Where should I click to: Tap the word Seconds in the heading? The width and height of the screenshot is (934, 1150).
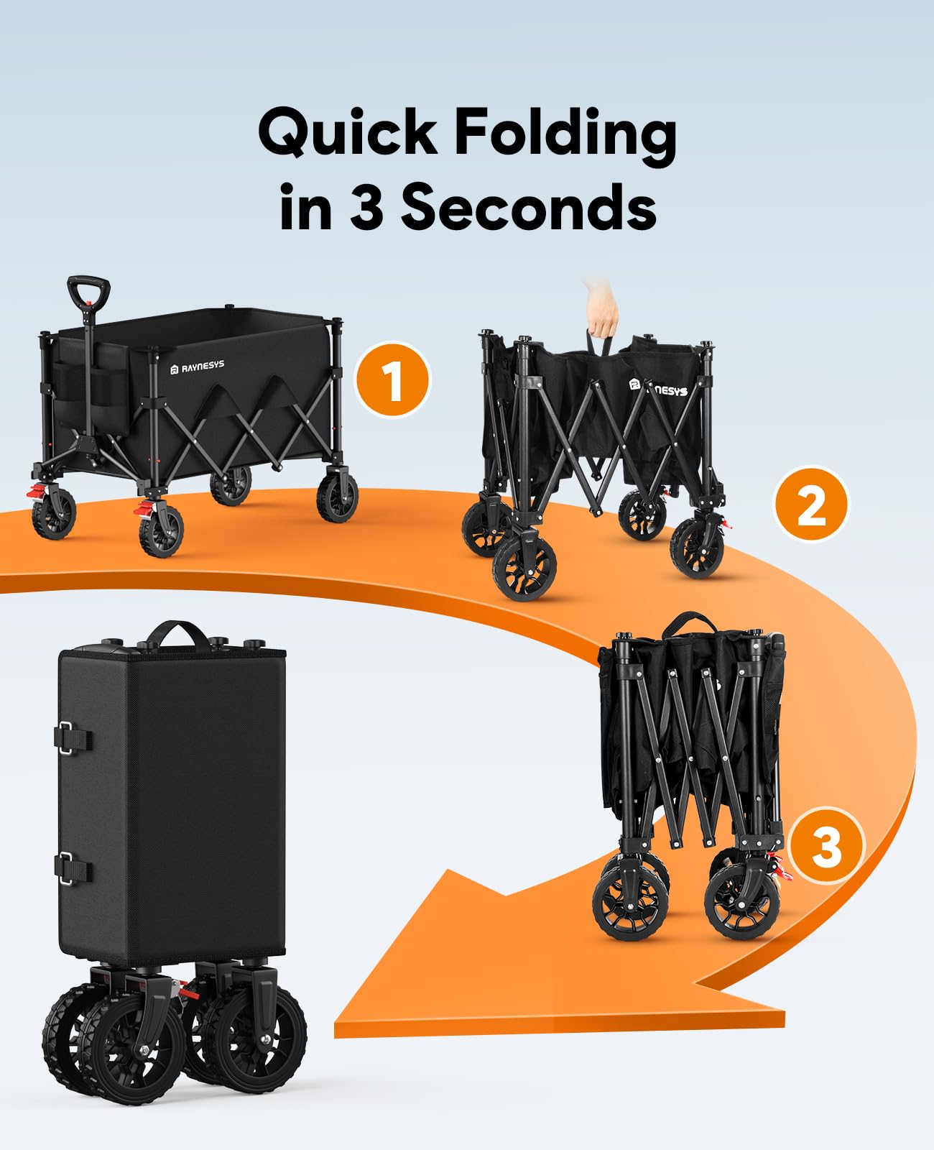click(528, 207)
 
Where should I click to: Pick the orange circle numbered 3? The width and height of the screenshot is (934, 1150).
click(826, 845)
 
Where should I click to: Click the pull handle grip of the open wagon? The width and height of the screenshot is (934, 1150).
click(88, 291)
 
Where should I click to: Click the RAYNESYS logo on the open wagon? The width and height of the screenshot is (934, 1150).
click(198, 367)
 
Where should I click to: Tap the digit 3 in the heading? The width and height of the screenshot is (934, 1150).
click(367, 207)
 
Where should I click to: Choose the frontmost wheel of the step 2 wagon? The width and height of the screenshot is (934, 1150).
click(524, 568)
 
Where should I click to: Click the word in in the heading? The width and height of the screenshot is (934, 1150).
click(305, 207)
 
